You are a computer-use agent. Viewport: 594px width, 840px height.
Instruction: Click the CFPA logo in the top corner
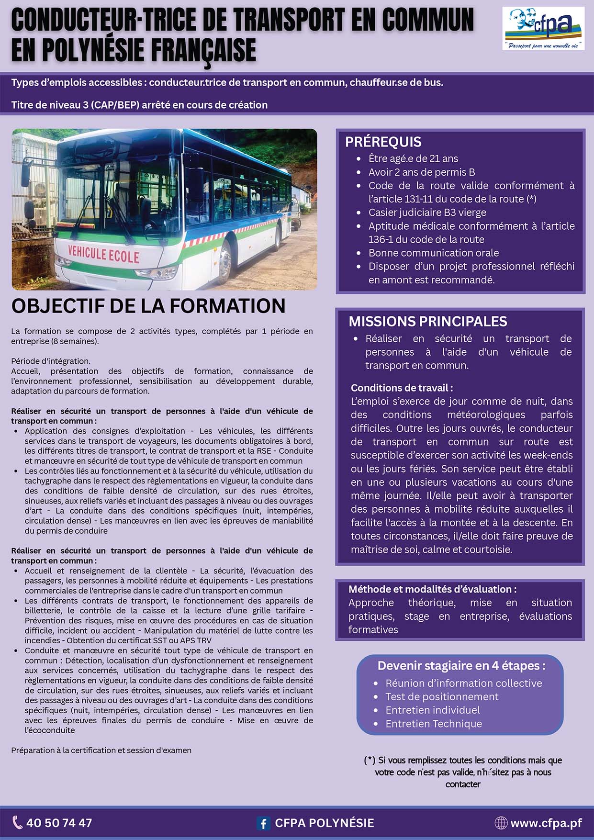543,29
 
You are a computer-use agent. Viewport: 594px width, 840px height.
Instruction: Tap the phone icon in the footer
17,822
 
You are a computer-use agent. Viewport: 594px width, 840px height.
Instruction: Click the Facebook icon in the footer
263,823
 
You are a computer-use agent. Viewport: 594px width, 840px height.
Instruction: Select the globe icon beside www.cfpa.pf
501,823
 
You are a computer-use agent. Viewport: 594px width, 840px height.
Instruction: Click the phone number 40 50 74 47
59,823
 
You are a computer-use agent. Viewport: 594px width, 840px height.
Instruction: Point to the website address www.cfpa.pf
546,823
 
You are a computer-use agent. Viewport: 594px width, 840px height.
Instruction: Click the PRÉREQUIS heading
383,142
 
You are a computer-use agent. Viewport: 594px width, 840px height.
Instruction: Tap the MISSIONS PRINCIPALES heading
427,321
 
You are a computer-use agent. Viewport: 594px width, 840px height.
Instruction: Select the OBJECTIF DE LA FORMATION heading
148,306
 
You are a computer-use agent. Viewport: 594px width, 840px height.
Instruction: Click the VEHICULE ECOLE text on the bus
103,254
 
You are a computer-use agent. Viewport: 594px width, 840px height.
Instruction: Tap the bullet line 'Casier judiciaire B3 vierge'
427,213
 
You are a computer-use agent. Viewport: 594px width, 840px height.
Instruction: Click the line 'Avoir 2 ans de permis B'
421,172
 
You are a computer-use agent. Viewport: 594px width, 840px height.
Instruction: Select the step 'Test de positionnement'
442,696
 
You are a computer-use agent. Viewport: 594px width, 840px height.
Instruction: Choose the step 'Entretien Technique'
434,724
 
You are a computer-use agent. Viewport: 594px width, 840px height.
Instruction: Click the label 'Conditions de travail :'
402,388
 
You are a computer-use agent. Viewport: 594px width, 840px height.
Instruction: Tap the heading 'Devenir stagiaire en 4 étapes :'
461,666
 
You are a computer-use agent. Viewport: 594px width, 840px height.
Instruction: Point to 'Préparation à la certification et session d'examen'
101,750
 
